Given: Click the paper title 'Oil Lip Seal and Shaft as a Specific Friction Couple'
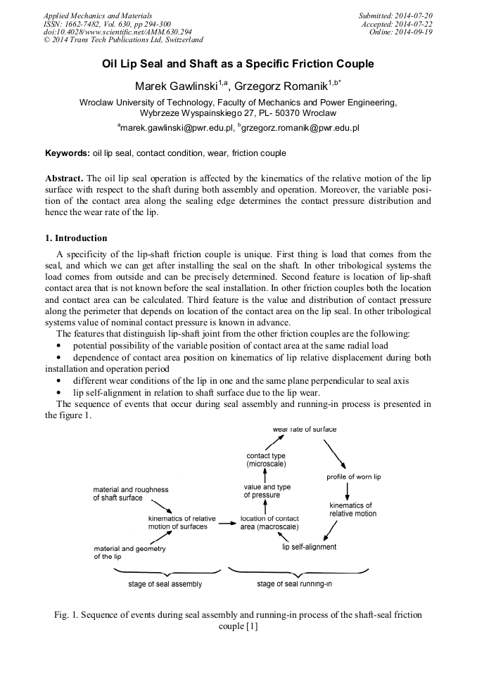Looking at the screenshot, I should click(x=238, y=64).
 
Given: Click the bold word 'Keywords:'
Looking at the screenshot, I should click(x=67, y=153).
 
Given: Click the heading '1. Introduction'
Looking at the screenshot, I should click(x=77, y=238).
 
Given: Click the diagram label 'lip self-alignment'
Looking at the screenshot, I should click(x=309, y=547).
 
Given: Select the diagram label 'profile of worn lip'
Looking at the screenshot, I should click(x=353, y=477).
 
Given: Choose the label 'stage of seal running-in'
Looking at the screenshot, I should click(x=294, y=584).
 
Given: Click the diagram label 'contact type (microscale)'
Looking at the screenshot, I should click(x=266, y=460).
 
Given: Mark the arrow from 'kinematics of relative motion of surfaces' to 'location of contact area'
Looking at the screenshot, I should click(x=226, y=524).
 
